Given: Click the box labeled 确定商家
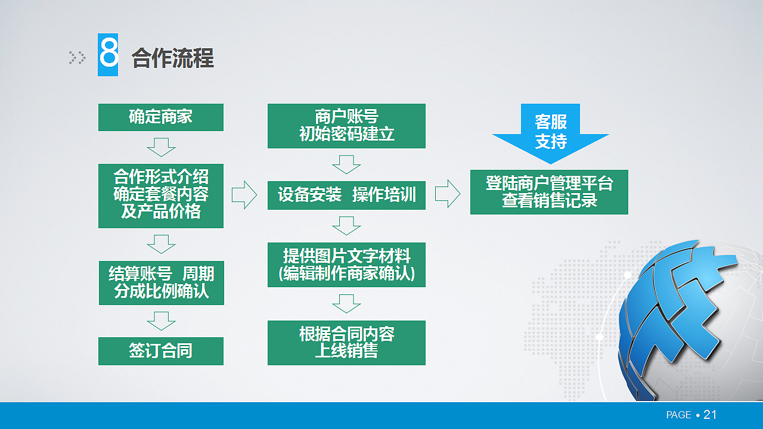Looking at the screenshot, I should tap(160, 117).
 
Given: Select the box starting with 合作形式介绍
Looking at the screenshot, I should tap(160, 195).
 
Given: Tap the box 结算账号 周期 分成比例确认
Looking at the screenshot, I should tap(160, 282).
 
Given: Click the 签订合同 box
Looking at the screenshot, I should tap(160, 351).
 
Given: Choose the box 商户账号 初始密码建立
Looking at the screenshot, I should tap(346, 126).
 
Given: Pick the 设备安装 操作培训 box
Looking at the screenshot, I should tap(346, 195).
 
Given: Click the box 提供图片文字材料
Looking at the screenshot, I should tap(346, 265).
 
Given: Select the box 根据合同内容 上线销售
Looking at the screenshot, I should tap(346, 343).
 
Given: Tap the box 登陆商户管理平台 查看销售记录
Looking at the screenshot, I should tap(549, 192).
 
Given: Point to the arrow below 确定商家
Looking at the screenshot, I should tap(161, 147).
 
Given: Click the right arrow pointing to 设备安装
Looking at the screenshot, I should tap(244, 195).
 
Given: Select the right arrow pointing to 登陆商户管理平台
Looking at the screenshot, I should tap(448, 194).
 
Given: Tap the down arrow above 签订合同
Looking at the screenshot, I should tap(161, 321).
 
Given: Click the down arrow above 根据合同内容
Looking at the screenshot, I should tap(346, 303).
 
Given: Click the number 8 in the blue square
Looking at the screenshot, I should tap(108, 55).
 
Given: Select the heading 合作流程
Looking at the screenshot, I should tap(173, 58).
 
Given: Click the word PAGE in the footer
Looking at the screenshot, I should tap(678, 415).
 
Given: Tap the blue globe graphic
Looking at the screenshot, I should tap(686, 322).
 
